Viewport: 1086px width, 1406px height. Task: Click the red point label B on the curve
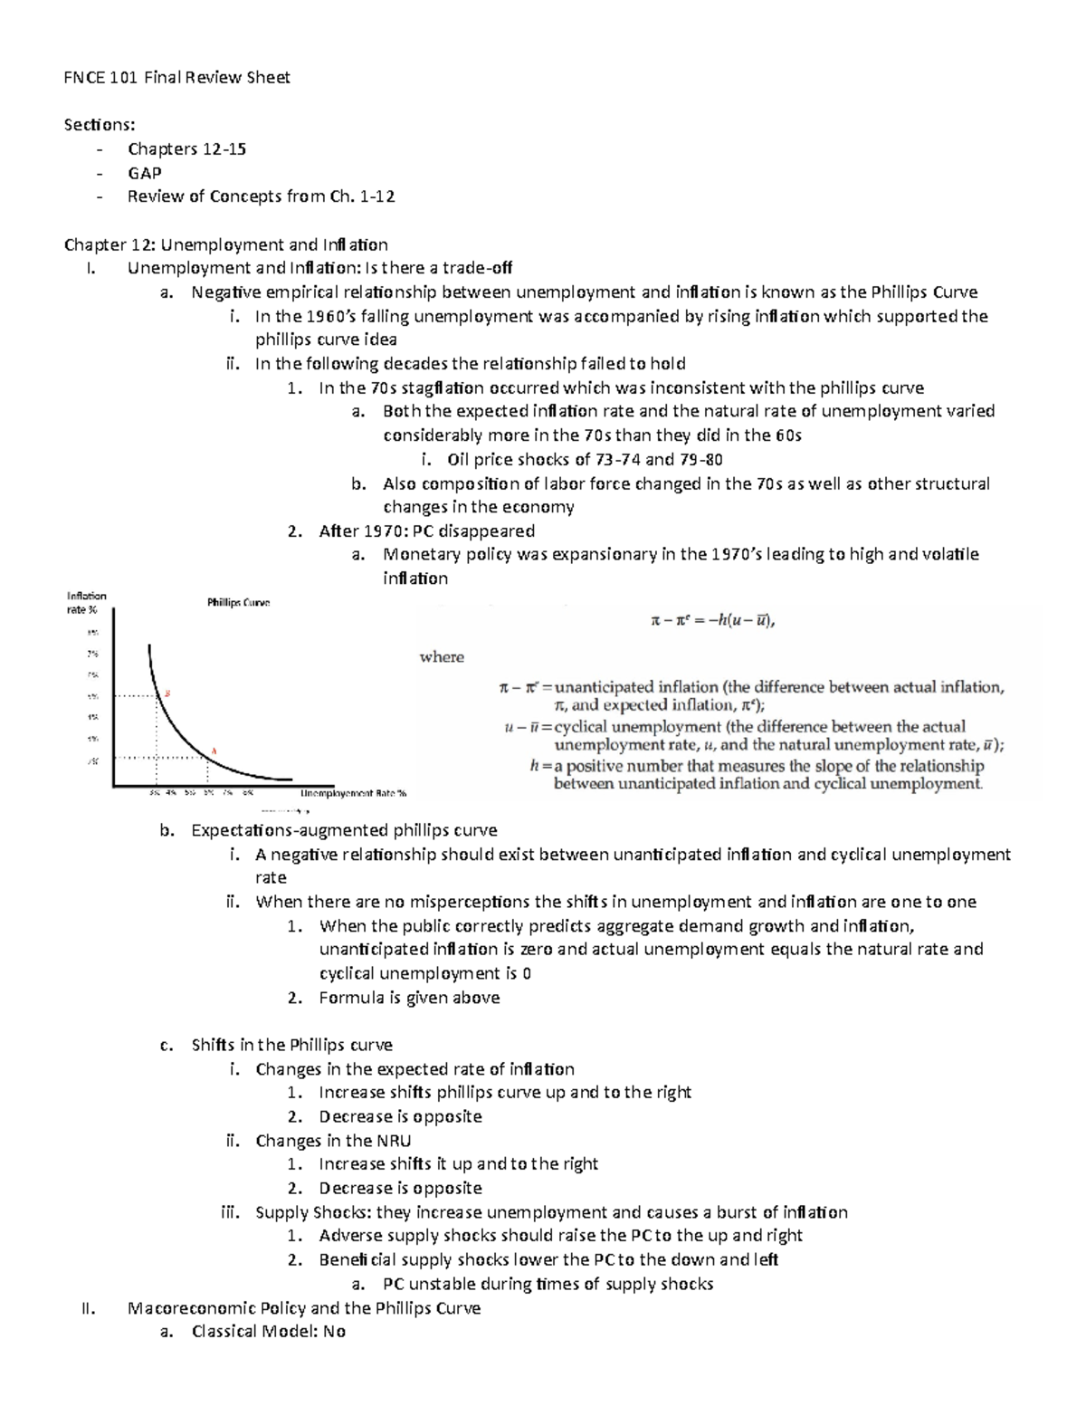[167, 693]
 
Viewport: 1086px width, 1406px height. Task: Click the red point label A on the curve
[214, 750]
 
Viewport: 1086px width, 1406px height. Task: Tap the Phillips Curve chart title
[238, 602]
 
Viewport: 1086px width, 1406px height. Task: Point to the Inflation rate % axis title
[87, 602]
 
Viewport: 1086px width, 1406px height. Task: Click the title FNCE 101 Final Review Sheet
[176, 78]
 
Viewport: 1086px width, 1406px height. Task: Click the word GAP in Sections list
[145, 173]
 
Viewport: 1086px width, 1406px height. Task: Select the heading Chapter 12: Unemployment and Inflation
[225, 244]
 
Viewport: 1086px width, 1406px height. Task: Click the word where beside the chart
[442, 657]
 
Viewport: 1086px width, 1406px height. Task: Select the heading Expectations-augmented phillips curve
[344, 830]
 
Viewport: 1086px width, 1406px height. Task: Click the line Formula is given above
[409, 998]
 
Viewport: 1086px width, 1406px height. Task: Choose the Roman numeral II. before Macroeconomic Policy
[89, 1308]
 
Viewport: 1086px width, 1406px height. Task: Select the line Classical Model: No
[268, 1332]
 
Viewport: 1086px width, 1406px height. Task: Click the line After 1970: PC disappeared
[426, 531]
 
